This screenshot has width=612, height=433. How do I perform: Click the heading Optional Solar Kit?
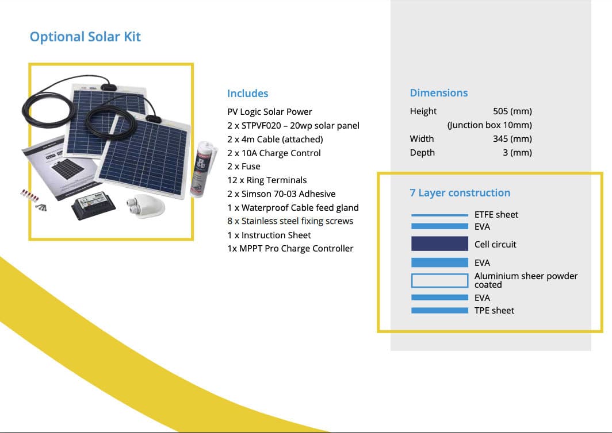pos(85,37)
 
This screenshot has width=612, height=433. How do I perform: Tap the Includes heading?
pos(247,94)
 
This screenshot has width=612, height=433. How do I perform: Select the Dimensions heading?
pos(439,93)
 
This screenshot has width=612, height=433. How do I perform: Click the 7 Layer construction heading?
pos(460,193)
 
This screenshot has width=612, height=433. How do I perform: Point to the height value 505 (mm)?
pos(512,111)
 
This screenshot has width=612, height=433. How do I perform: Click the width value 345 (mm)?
pos(512,139)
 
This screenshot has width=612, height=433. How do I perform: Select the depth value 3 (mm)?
pos(517,153)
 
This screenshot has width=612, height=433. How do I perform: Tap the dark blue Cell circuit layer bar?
pos(439,243)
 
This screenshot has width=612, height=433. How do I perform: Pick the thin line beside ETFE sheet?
pos(439,215)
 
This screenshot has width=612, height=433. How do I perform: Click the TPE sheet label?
pos(494,311)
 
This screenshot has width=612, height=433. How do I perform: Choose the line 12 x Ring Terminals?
pos(267,180)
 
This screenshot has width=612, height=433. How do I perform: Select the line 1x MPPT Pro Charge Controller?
pos(290,249)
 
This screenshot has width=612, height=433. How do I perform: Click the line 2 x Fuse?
pos(243,167)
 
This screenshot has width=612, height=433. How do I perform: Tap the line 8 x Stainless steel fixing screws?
pos(290,221)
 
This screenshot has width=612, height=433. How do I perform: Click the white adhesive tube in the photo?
pos(202,168)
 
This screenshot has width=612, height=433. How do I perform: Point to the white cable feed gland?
pos(144,205)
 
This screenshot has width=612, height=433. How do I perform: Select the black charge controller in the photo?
pos(93,205)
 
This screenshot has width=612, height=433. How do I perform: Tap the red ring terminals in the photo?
pos(30,195)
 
